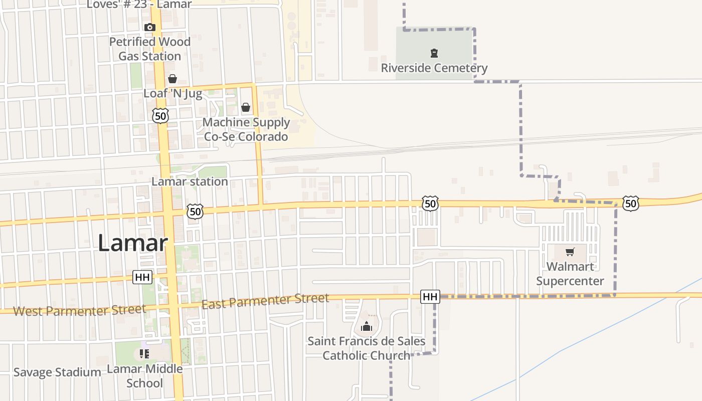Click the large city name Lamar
132,244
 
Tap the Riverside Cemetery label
434,68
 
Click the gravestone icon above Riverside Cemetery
434,53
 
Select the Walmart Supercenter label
570,274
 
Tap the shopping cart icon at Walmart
570,252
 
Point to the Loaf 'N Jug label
172,93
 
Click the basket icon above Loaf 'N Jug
172,79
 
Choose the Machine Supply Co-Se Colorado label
246,129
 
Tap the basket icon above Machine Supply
246,107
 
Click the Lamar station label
190,181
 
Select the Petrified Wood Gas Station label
150,49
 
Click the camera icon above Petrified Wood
149,27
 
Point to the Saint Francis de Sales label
366,348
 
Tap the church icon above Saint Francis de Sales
367,327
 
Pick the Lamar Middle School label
145,376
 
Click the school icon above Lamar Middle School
144,354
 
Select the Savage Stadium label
57,372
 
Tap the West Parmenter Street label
79,310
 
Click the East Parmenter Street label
265,301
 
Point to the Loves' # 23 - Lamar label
139,5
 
